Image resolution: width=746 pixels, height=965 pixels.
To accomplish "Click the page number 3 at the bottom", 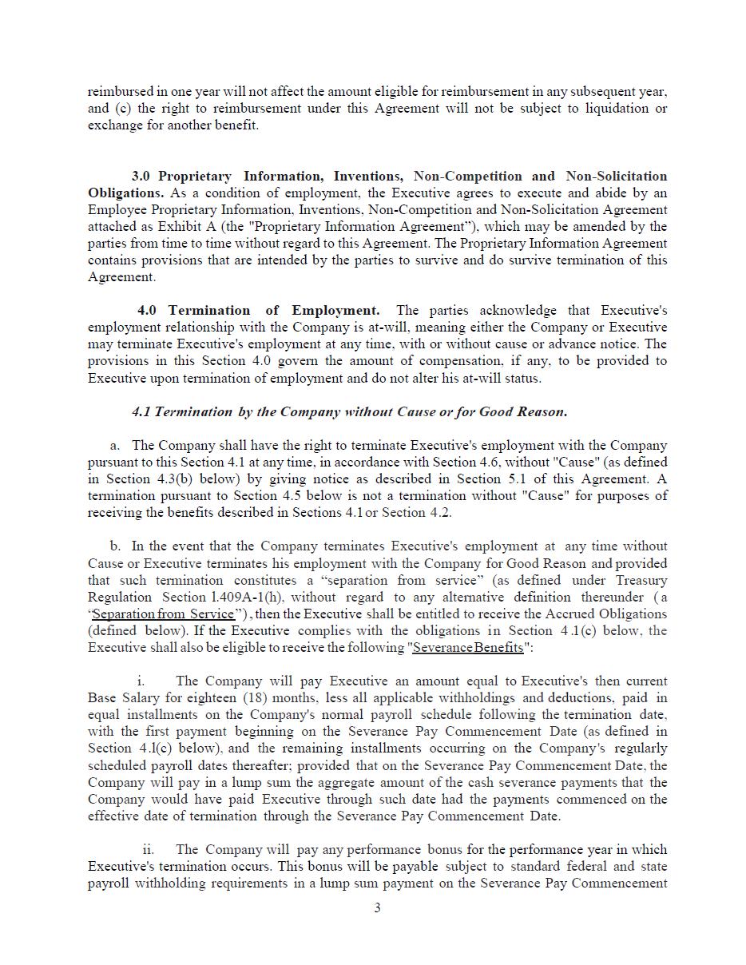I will (x=377, y=907).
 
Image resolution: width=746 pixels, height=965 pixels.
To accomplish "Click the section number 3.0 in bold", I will (x=141, y=176).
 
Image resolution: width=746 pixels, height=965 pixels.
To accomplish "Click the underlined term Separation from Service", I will (x=164, y=614).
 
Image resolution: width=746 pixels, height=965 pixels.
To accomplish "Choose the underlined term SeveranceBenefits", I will (x=468, y=647).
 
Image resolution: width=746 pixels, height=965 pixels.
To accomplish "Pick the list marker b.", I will (x=116, y=546).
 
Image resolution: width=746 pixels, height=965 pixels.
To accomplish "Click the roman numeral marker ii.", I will (x=149, y=849).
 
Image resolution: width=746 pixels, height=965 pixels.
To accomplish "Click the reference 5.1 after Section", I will (x=546, y=479).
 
